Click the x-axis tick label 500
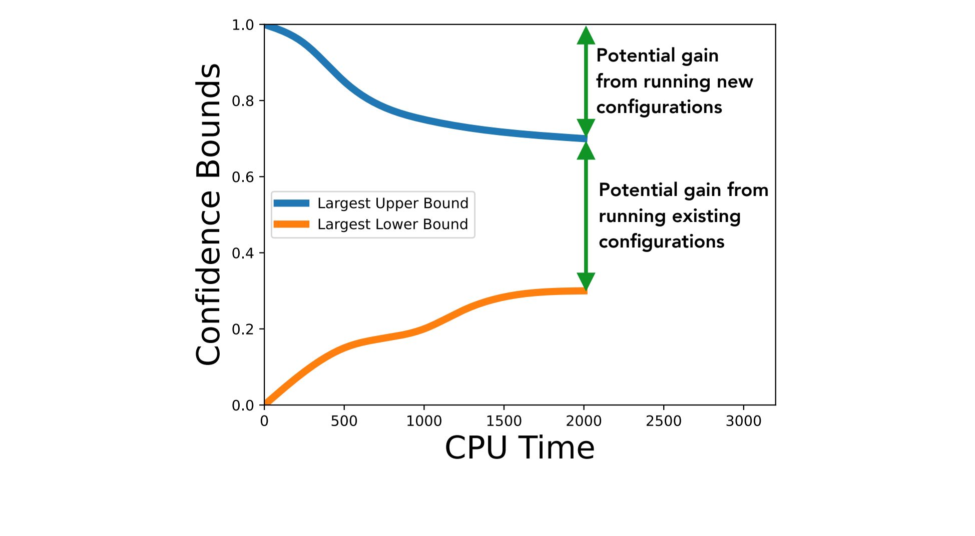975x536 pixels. pos(344,421)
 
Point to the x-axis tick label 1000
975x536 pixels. pos(424,421)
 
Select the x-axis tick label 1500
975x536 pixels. pos(504,421)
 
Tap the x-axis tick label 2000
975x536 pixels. pos(584,421)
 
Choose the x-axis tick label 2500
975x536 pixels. pos(663,421)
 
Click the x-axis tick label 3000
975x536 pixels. pos(743,421)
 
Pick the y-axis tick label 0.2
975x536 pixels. pos(243,329)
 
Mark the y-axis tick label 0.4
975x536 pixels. pos(243,253)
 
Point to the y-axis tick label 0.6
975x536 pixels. pos(243,177)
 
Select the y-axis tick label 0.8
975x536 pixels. pos(243,101)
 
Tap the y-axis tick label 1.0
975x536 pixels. pos(243,25)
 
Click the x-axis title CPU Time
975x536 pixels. pos(520,447)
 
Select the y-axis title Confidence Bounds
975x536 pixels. pos(208,214)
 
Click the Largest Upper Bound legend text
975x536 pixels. pos(393,203)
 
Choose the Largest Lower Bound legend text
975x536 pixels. pos(393,224)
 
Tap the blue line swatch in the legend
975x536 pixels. pos(291,203)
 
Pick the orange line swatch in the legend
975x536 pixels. pos(291,224)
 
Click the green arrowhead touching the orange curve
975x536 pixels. pos(586,281)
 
